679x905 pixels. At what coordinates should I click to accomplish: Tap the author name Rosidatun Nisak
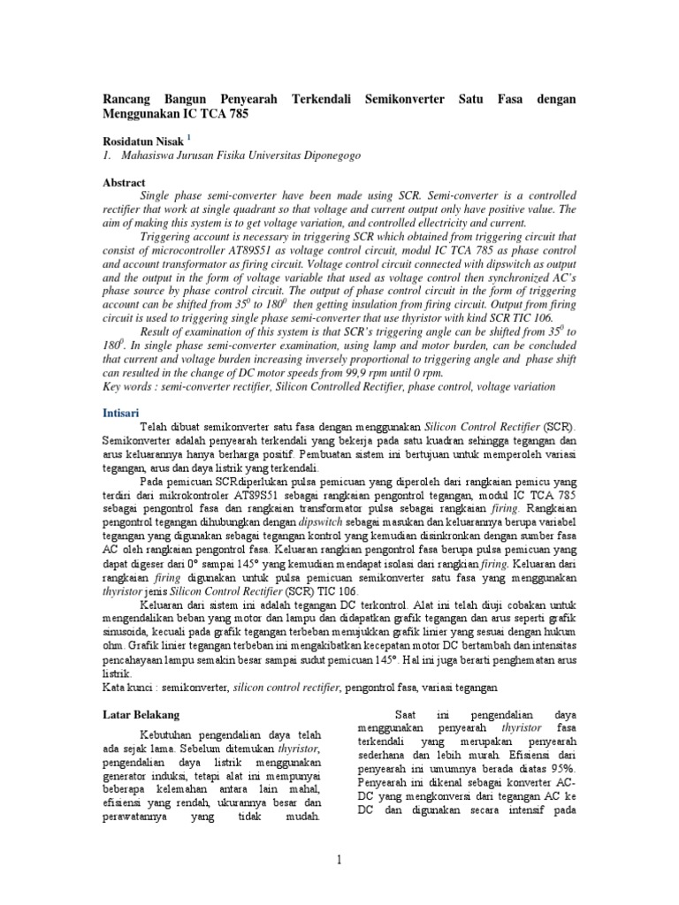click(142, 139)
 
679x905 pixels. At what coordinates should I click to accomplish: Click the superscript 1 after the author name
click(188, 136)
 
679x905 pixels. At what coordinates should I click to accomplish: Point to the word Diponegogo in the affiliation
click(332, 155)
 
